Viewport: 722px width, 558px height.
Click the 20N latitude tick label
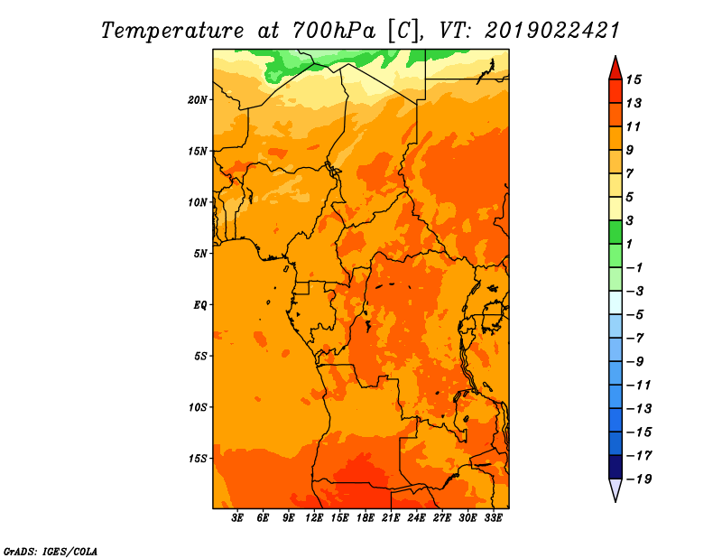[197, 99]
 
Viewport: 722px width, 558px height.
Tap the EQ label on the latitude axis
[200, 304]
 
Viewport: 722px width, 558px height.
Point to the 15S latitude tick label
[197, 459]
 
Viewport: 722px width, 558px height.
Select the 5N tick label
[200, 254]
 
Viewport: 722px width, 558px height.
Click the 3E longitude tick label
[237, 518]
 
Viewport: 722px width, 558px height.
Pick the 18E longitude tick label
[366, 518]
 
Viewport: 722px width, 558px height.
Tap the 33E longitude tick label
[493, 518]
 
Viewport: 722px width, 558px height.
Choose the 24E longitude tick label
[416, 518]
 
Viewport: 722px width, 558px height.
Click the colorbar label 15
[634, 79]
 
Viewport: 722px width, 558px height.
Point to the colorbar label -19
[639, 479]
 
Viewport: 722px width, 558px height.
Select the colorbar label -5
[635, 315]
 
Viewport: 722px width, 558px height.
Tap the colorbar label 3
[629, 220]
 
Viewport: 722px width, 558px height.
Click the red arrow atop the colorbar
[616, 69]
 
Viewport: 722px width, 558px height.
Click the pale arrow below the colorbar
[616, 489]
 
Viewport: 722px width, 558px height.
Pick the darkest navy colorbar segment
[616, 467]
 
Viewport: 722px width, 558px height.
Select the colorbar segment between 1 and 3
[616, 232]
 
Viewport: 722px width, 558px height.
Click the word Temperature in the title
[172, 31]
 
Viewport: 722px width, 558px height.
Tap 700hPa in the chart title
[334, 31]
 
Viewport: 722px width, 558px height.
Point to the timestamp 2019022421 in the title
[552, 31]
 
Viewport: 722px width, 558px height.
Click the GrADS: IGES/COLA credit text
[51, 551]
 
